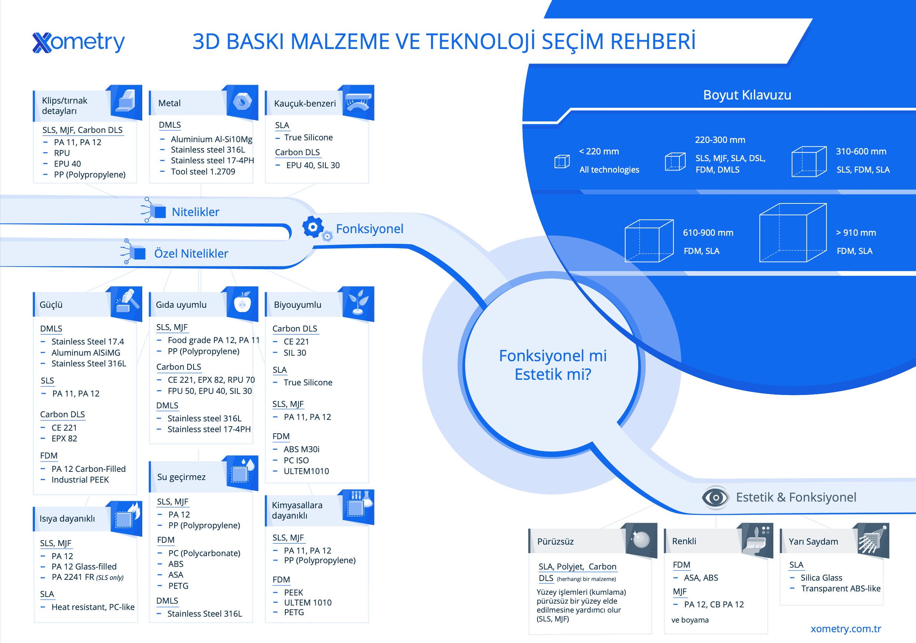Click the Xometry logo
click(x=79, y=42)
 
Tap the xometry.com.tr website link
click(x=845, y=629)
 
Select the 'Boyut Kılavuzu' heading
click(x=747, y=95)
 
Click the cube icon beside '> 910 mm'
click(x=793, y=233)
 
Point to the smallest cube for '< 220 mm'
click(x=562, y=161)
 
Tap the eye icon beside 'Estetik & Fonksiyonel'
click(x=715, y=497)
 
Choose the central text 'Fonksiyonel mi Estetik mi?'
click(x=553, y=365)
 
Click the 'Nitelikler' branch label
click(x=195, y=212)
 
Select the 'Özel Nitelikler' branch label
click(x=191, y=254)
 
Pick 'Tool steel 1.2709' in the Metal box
click(x=203, y=172)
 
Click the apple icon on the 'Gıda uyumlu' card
click(x=242, y=303)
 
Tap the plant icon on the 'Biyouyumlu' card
click(x=358, y=303)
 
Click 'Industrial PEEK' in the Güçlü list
click(x=80, y=480)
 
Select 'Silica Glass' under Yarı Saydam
click(x=821, y=578)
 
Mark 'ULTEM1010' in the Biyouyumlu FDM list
click(x=306, y=471)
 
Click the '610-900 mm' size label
click(x=708, y=233)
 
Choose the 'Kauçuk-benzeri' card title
click(x=305, y=104)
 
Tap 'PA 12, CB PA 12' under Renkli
click(x=714, y=604)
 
